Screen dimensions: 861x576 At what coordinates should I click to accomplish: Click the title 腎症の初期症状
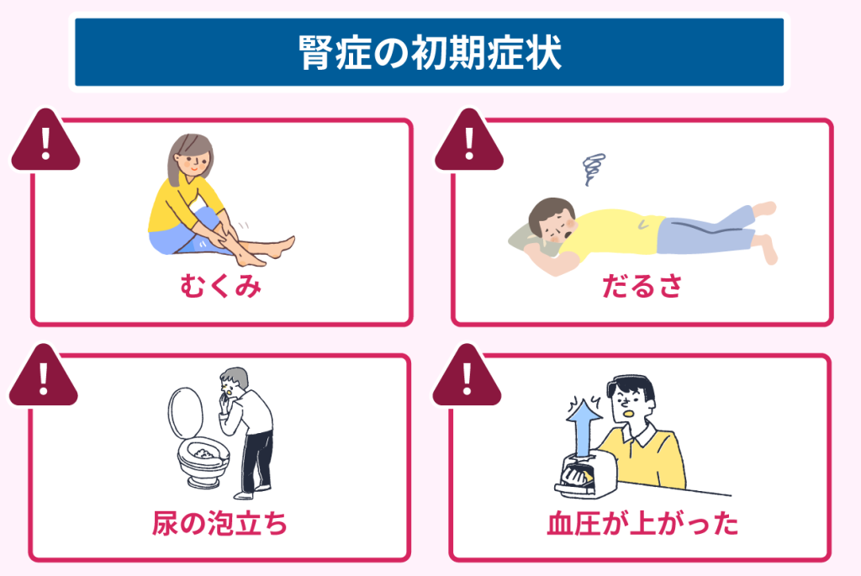pyautogui.click(x=430, y=53)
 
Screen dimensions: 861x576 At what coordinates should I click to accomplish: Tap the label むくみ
pyautogui.click(x=221, y=286)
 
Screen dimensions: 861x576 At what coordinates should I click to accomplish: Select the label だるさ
pyautogui.click(x=642, y=286)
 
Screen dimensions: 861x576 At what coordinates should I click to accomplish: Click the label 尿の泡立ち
pyautogui.click(x=219, y=523)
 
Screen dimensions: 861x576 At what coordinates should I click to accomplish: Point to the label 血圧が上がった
pyautogui.click(x=642, y=523)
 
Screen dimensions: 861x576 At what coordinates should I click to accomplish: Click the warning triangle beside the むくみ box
pyautogui.click(x=45, y=140)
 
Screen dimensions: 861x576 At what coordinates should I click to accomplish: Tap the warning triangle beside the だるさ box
pyautogui.click(x=469, y=140)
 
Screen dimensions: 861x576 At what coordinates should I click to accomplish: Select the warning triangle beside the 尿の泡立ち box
pyautogui.click(x=44, y=376)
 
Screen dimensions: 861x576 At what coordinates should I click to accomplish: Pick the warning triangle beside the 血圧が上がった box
pyautogui.click(x=467, y=376)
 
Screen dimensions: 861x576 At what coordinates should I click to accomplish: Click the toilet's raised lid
pyautogui.click(x=186, y=412)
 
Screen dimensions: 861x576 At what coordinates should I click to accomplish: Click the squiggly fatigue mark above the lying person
pyautogui.click(x=594, y=169)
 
